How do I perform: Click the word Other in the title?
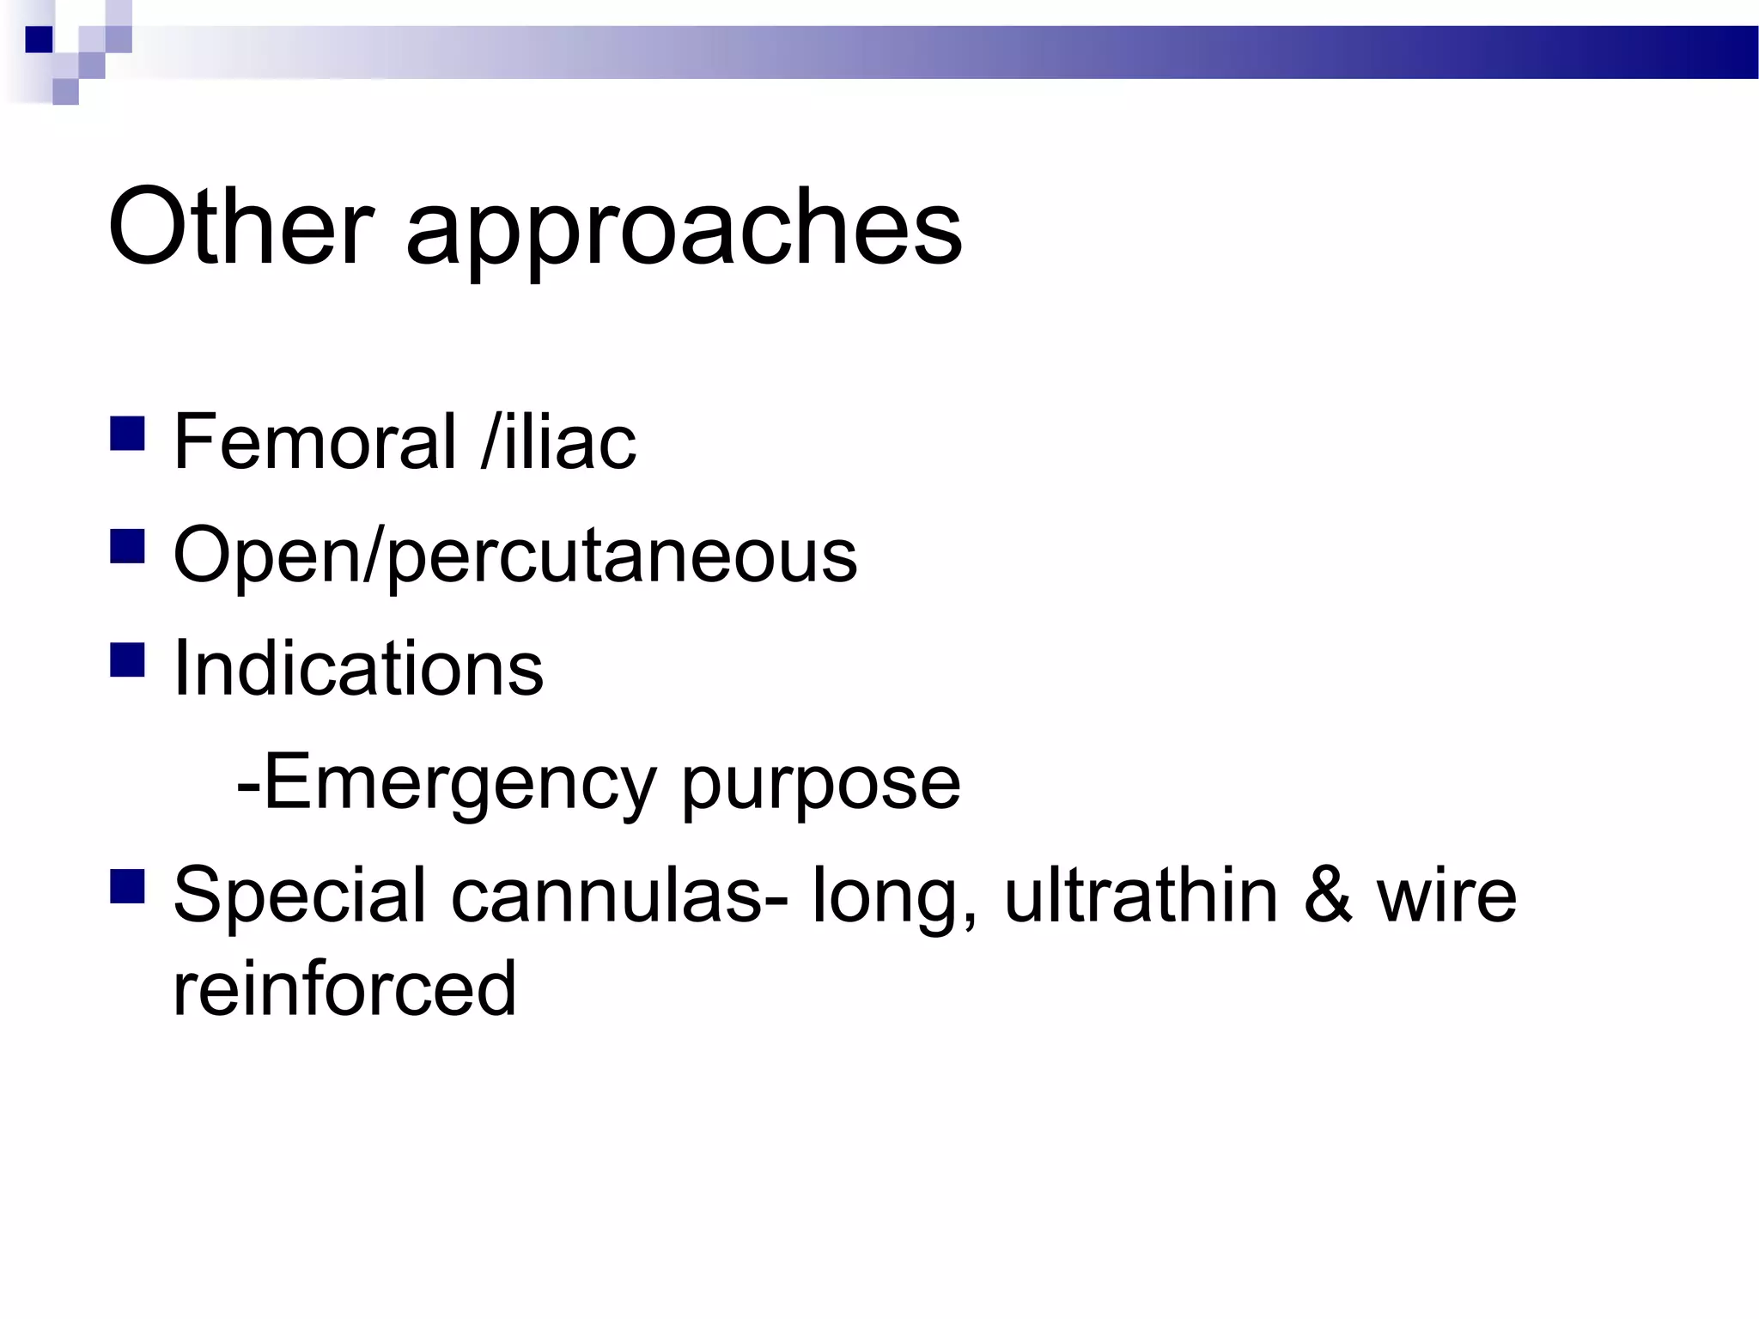[x=240, y=227]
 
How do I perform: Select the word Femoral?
[x=314, y=442]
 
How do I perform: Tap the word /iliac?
[x=559, y=442]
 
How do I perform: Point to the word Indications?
[x=358, y=669]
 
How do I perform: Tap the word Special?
[x=300, y=897]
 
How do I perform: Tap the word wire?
[x=1447, y=897]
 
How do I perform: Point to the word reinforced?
[x=344, y=989]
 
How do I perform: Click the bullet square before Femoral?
[x=127, y=434]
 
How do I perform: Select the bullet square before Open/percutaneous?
[x=127, y=546]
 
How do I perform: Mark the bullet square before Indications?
[x=127, y=659]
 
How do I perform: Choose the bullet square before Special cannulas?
[x=127, y=887]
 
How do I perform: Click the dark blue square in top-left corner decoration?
[x=39, y=40]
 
